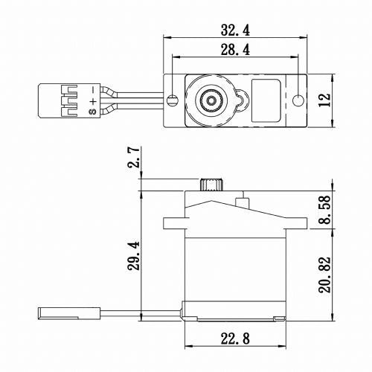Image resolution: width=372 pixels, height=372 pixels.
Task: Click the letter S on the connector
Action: click(x=92, y=113)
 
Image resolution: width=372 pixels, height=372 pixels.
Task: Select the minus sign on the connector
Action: click(x=92, y=89)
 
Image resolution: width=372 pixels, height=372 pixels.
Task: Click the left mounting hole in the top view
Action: click(x=172, y=100)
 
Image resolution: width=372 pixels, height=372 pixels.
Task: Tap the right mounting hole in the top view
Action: click(x=299, y=100)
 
